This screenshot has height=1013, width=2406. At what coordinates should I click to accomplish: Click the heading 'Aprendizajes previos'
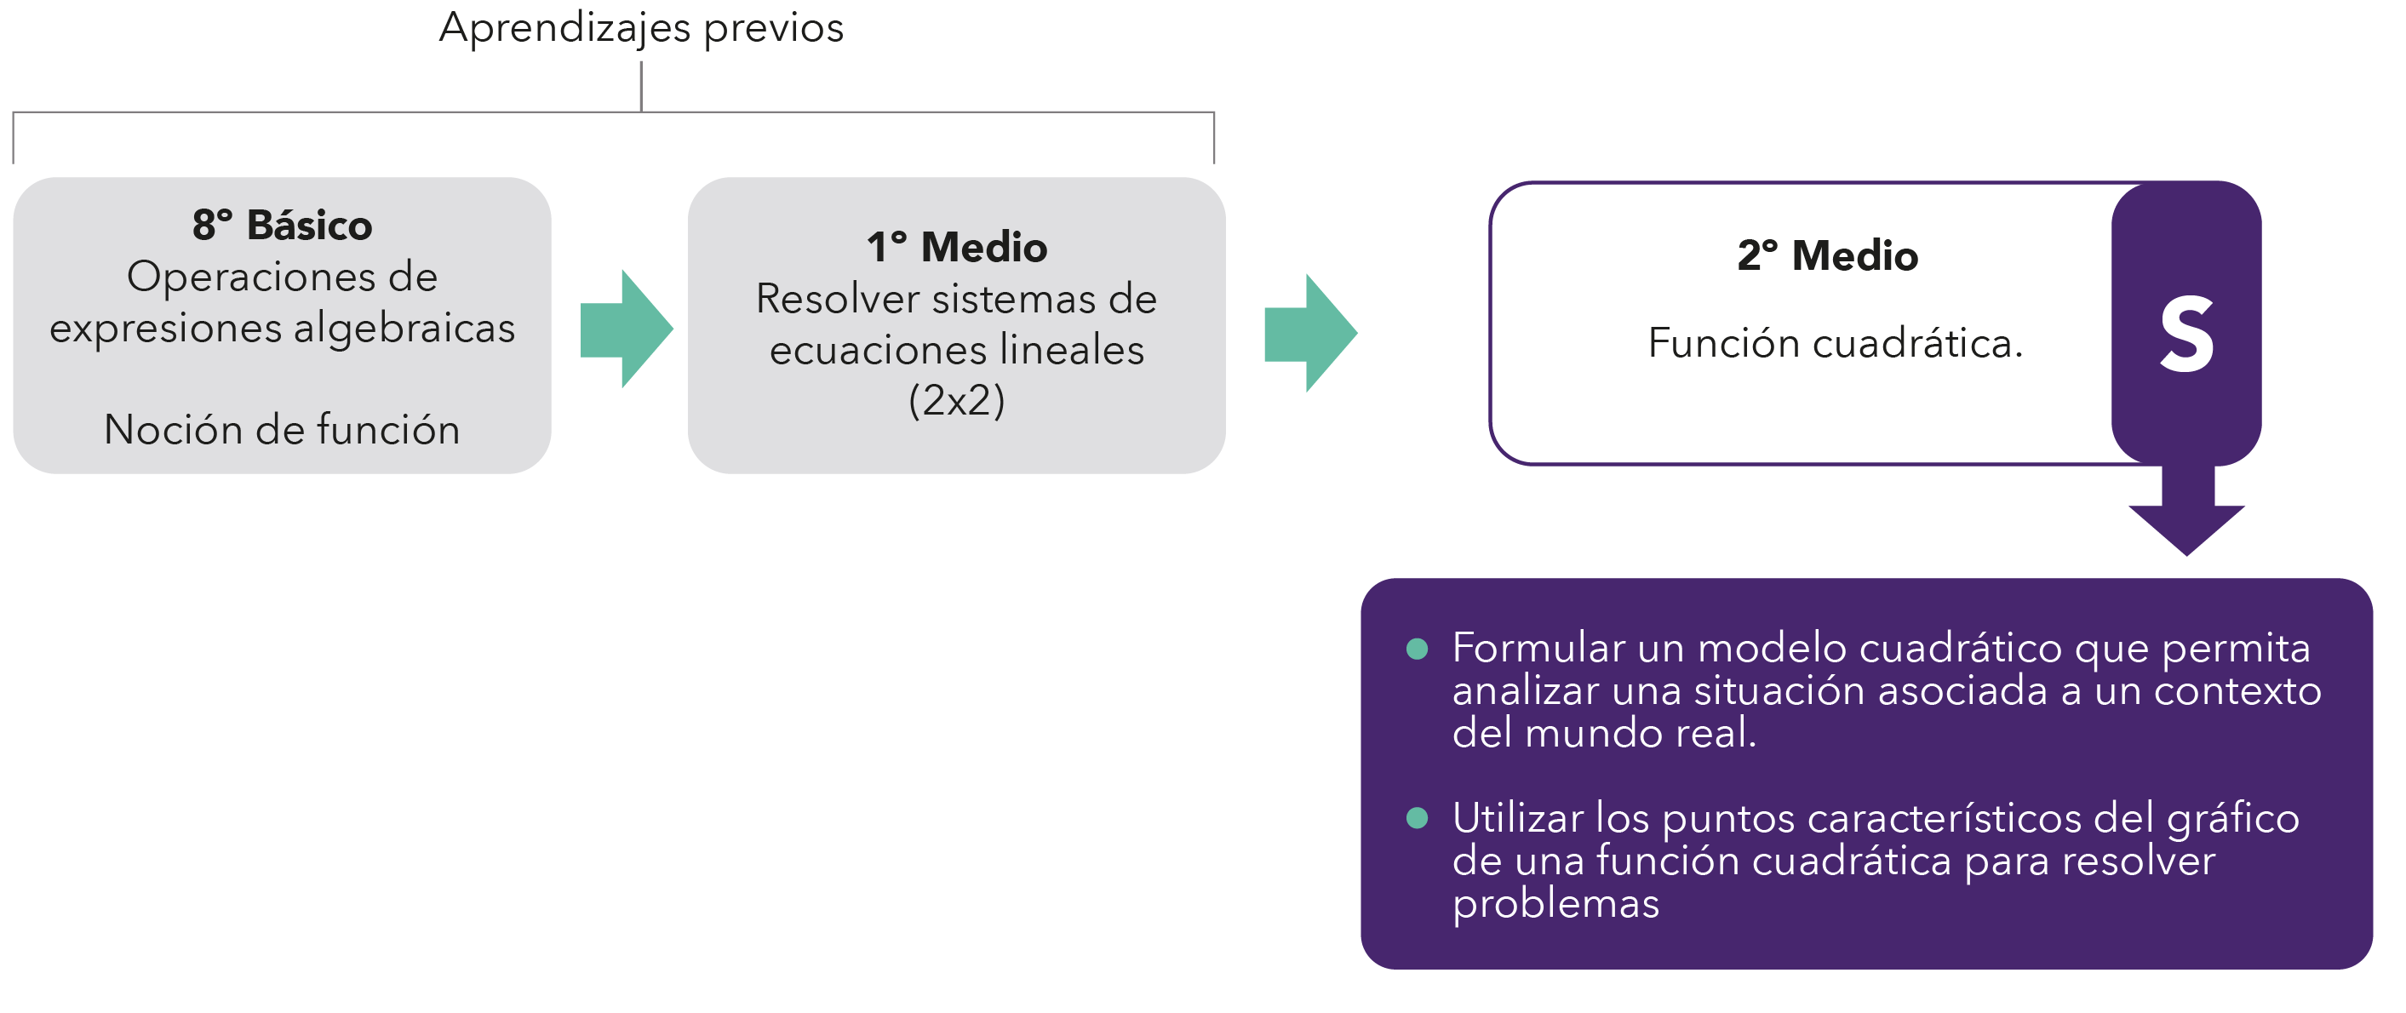(x=641, y=28)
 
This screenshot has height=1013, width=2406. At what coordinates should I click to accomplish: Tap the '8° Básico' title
(x=282, y=225)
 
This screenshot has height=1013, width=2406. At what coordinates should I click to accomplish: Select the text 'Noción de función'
(x=282, y=430)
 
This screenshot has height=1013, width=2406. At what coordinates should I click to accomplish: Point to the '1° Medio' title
(x=956, y=248)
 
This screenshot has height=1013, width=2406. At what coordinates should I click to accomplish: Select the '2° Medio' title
(x=1827, y=256)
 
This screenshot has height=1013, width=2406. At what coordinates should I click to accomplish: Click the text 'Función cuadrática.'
(x=1835, y=344)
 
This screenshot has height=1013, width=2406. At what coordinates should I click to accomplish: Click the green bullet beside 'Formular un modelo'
(x=1417, y=649)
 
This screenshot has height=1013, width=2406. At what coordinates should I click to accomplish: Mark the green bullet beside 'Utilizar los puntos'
(x=1417, y=819)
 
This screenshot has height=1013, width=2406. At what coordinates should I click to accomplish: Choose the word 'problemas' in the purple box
(x=1556, y=904)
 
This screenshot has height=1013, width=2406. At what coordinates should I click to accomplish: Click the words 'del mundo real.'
(x=1604, y=733)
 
